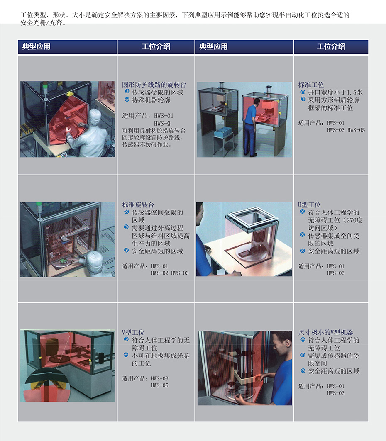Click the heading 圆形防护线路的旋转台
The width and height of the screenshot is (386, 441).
click(154, 84)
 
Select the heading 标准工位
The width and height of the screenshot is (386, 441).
click(311, 84)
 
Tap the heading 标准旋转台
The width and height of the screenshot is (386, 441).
click(138, 205)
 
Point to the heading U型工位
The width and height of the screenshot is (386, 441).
click(309, 205)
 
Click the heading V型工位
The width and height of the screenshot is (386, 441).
click(133, 332)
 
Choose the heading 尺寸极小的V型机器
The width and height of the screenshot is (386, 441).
click(325, 332)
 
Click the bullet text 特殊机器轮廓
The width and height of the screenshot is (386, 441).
click(151, 100)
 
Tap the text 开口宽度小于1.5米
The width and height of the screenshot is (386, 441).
click(335, 92)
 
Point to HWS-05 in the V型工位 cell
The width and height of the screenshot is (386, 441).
click(159, 385)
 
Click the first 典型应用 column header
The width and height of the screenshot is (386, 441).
click(36, 46)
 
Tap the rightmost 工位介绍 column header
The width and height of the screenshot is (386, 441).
click(331, 46)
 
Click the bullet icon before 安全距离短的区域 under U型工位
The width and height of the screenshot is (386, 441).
click(303, 251)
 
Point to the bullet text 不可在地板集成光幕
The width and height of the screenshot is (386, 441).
click(161, 356)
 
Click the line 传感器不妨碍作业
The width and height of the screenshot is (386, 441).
click(147, 144)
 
